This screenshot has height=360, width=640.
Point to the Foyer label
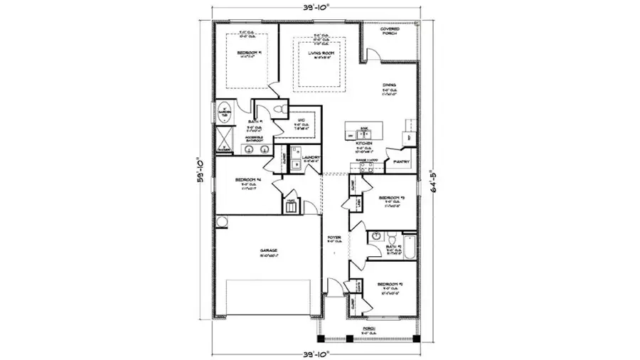[334, 238]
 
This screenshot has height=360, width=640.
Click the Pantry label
[401, 162]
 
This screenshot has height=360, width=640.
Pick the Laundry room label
[311, 157]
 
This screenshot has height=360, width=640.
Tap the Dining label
[388, 85]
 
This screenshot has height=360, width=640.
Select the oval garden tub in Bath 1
[223, 112]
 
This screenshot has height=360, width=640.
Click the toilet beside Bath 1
[279, 107]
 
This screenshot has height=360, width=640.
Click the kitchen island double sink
[363, 131]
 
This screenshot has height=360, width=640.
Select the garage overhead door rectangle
[268, 297]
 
